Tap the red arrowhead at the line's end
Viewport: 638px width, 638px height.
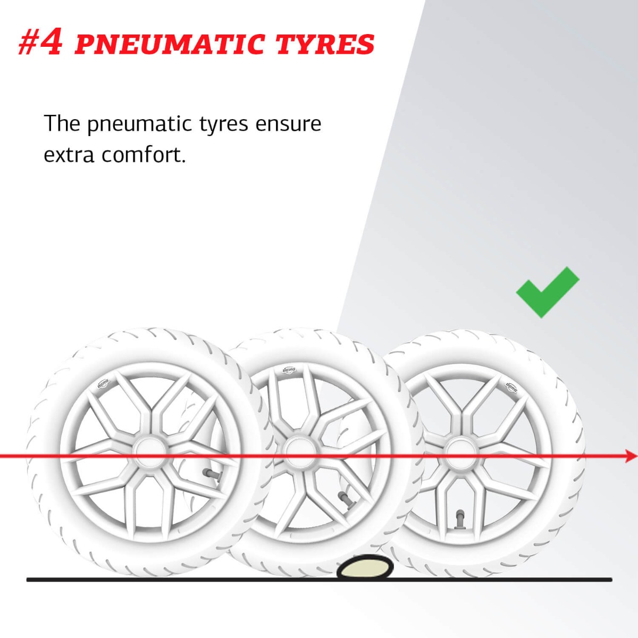coord(630,457)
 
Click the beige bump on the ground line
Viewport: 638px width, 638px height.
coord(365,567)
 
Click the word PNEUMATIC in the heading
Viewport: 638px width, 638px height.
coord(170,44)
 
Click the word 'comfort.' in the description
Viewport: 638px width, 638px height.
coord(144,155)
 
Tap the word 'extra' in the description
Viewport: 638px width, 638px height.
coord(69,156)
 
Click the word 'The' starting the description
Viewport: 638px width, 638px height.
coord(62,123)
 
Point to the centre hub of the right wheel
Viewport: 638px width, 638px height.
coord(459,451)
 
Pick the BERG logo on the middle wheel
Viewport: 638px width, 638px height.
coord(289,370)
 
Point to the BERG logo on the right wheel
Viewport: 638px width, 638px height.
coord(511,387)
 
